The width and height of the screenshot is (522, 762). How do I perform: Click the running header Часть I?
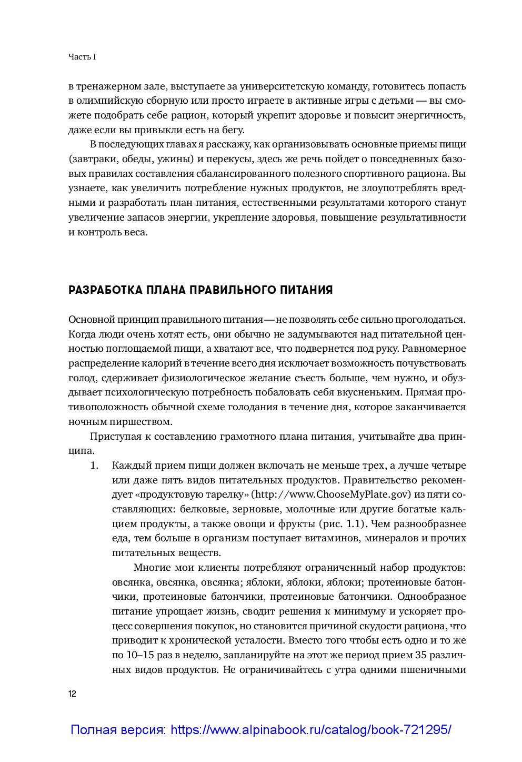pyautogui.click(x=82, y=57)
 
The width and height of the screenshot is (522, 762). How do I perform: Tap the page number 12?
pyautogui.click(x=72, y=694)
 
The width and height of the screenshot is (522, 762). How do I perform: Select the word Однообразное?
pyautogui.click(x=431, y=597)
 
